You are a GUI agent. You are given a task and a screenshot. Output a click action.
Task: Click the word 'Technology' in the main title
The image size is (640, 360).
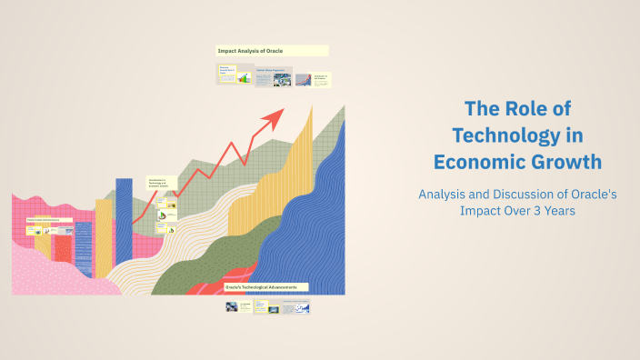pyautogui.click(x=517, y=135)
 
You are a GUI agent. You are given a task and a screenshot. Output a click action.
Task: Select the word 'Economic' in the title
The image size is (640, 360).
pyautogui.click(x=478, y=162)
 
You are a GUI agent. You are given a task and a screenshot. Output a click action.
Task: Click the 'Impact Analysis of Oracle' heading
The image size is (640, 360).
pyautogui.click(x=272, y=51)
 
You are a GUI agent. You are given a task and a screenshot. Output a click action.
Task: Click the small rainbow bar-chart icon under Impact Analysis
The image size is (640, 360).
pyautogui.click(x=244, y=79)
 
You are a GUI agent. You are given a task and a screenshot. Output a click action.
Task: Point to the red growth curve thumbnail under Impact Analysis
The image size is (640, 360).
pyautogui.click(x=303, y=79)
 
